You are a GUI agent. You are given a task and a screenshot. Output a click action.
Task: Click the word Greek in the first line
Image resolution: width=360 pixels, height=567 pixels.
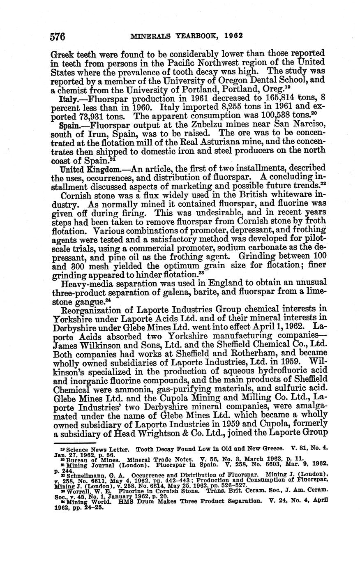(65, 53)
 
